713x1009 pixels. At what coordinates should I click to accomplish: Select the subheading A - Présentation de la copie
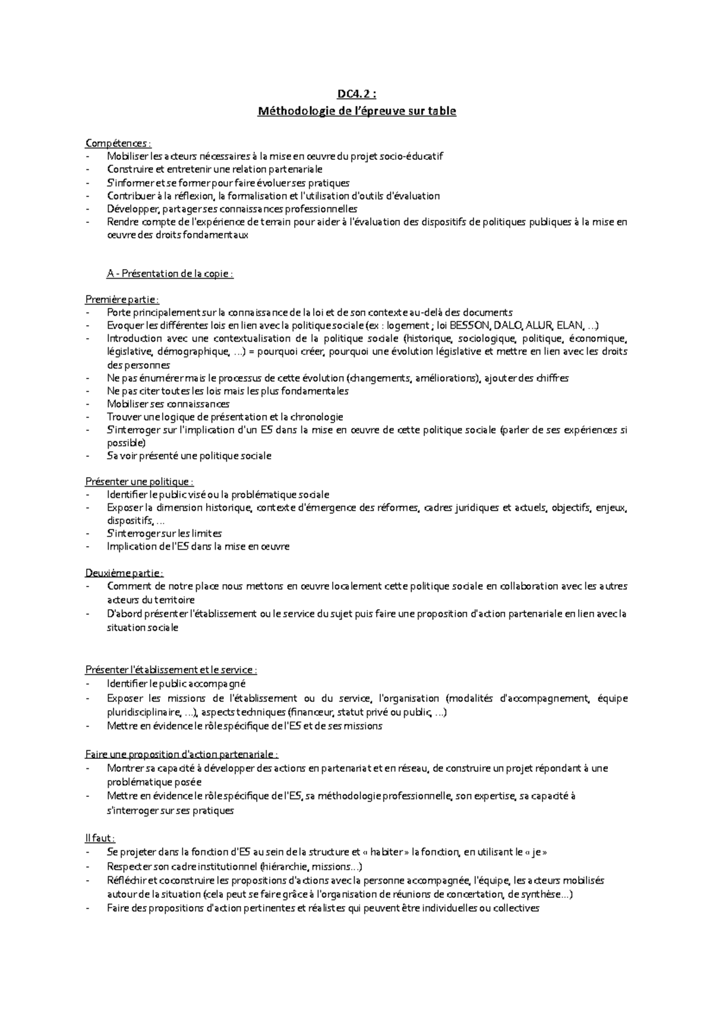(170, 274)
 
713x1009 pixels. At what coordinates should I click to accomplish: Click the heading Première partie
(122, 299)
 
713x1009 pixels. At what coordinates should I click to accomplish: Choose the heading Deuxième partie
(124, 573)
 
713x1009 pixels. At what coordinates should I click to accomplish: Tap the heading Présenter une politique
(140, 482)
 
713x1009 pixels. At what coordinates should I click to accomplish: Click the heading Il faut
(100, 838)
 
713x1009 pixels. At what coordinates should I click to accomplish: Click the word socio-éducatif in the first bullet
(413, 156)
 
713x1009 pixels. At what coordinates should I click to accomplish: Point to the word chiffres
(552, 378)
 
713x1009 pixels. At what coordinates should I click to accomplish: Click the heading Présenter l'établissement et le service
(171, 670)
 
